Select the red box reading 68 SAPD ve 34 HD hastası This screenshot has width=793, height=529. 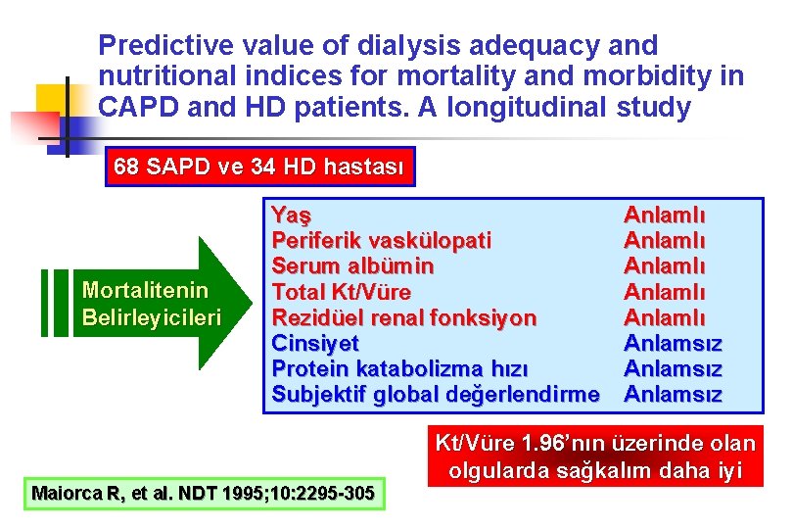258,167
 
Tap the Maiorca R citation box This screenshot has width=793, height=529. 203,493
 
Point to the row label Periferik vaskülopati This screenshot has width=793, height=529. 381,240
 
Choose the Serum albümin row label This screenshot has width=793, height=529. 352,265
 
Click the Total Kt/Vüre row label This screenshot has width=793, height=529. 341,292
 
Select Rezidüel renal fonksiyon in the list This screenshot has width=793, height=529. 403,317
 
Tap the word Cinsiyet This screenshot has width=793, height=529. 314,343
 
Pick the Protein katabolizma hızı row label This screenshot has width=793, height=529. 399,368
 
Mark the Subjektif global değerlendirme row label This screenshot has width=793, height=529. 436,395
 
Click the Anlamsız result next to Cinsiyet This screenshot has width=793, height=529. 673,343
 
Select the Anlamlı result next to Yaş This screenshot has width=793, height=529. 665,215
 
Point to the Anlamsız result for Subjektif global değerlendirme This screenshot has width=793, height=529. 673,395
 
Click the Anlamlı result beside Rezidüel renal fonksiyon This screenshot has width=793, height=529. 665,317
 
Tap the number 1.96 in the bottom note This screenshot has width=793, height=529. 541,444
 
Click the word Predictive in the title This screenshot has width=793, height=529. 165,45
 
